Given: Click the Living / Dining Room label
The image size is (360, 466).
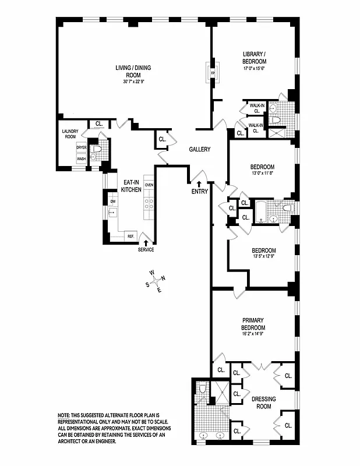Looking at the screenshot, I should [133, 71].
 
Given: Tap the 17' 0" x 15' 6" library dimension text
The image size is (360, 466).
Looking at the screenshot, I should [255, 68].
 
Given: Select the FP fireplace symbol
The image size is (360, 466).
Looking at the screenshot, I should [213, 73].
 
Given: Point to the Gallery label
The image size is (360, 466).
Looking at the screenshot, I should [199, 150].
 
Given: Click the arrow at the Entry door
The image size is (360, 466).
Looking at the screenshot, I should [199, 184].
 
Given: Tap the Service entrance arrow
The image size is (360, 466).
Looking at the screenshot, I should [146, 241].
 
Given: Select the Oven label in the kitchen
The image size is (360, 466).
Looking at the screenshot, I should [149, 185].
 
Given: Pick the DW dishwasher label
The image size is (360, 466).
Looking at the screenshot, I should [114, 201].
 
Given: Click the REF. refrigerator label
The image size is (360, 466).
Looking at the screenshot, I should [131, 236].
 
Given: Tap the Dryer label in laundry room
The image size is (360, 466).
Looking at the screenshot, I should [82, 147].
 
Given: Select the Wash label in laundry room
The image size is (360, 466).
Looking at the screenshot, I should [82, 158].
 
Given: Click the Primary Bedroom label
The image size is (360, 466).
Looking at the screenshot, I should [254, 324].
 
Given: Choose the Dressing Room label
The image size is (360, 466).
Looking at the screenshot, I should [264, 403].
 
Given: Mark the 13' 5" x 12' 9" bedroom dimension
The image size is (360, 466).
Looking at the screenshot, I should [263, 256].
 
